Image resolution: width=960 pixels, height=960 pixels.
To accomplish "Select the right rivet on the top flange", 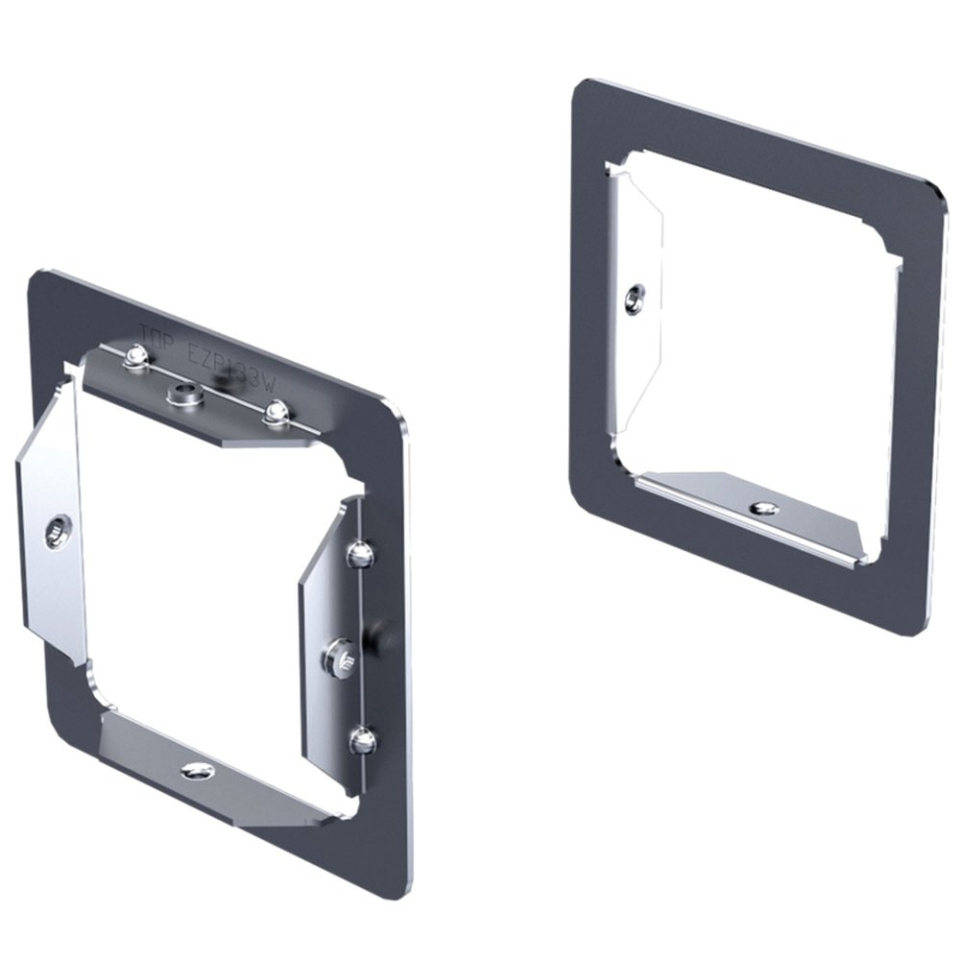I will tap(276, 413).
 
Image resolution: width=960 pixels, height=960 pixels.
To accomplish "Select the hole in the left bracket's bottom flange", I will tap(198, 769).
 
